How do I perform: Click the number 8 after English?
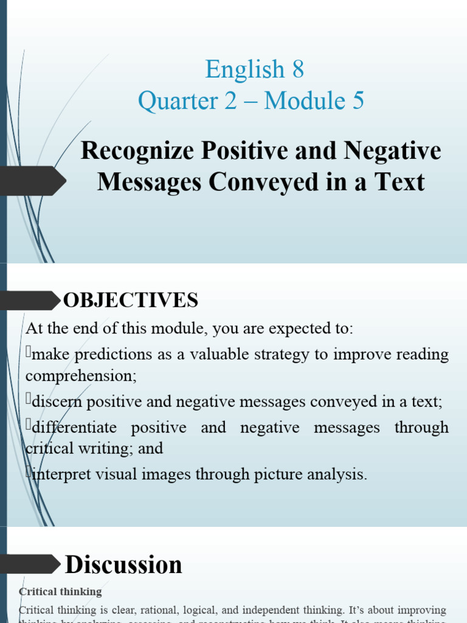pos(298,70)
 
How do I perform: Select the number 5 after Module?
pos(358,101)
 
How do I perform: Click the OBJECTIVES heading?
pos(131,300)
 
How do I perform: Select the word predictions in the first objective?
pos(114,354)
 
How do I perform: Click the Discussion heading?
pos(123,565)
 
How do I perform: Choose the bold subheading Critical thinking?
pos(60,591)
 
